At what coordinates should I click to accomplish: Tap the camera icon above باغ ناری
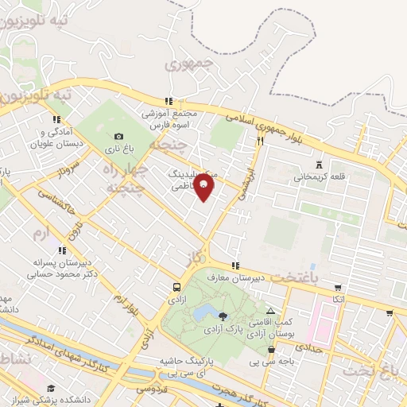click(x=119, y=137)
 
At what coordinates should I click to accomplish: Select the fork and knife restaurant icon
click(x=260, y=141)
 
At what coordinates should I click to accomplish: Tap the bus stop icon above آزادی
click(x=176, y=287)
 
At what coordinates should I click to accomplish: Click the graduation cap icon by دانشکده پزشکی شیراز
click(x=51, y=387)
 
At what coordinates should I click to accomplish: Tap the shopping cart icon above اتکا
click(x=338, y=288)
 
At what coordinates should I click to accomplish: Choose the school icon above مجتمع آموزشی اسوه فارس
click(x=168, y=101)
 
